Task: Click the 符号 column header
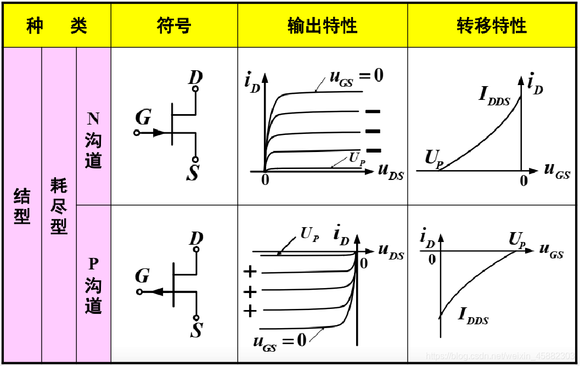click(174, 26)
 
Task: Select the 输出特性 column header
click(322, 26)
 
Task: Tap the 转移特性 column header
click(492, 26)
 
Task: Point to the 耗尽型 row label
click(59, 206)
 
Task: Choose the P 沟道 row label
click(93, 286)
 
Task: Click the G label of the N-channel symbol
click(143, 117)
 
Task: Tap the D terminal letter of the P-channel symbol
click(196, 238)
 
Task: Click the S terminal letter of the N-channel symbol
click(193, 174)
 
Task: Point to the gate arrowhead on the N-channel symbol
click(159, 133)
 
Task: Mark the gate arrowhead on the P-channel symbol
click(155, 291)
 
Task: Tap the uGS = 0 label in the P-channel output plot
click(279, 341)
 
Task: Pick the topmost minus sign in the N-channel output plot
click(373, 111)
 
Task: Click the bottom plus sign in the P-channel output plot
click(250, 312)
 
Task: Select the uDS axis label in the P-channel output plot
click(391, 252)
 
